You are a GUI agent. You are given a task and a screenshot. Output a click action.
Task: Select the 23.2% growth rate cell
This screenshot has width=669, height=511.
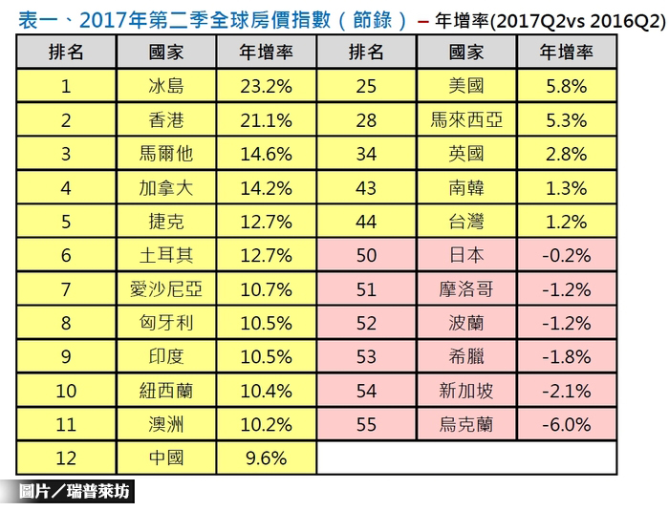pos(267,87)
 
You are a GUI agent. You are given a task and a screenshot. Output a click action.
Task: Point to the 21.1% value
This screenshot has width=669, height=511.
pos(267,120)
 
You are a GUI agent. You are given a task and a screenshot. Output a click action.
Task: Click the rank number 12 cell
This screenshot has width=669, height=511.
pos(66,458)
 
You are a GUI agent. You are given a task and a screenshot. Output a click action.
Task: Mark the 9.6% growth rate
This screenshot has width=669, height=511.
pos(267,458)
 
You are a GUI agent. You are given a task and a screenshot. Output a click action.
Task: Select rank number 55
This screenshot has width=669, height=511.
pos(366,424)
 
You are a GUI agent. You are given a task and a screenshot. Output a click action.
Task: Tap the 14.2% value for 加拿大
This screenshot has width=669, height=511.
pos(267,188)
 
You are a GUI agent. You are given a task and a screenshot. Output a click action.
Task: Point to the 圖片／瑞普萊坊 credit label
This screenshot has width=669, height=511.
pos(75,493)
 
